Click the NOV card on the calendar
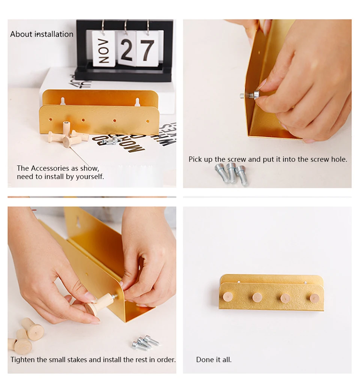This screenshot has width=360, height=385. pos(103,49)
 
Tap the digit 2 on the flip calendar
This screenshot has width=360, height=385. pos(127,50)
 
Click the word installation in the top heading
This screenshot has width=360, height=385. pos(54,34)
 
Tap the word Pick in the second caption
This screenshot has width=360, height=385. pos(195,159)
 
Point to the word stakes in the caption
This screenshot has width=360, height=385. pos(77,360)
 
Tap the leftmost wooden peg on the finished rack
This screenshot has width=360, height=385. pos(228,297)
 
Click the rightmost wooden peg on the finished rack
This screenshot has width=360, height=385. pos(314,298)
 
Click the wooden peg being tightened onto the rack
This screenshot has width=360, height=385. pos(99,304)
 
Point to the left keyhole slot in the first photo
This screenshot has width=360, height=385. pos(63,101)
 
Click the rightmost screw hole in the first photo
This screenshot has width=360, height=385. pos(147,121)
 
